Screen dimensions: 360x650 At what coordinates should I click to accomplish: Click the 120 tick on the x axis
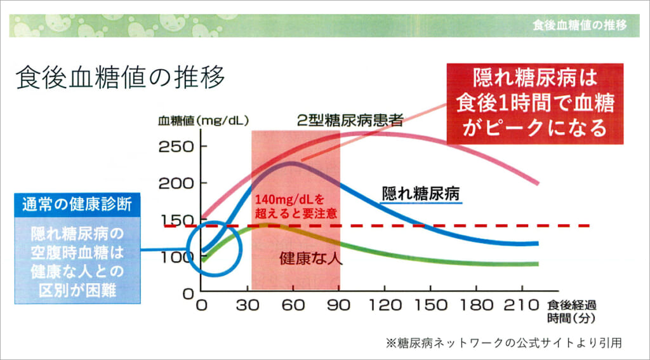click(382, 306)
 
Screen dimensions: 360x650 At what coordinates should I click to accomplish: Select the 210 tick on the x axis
click(519, 306)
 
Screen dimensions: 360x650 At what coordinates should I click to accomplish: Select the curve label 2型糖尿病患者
click(350, 121)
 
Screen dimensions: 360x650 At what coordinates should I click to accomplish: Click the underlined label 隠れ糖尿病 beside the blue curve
click(420, 193)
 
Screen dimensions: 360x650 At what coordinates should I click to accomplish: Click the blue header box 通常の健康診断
click(77, 204)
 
